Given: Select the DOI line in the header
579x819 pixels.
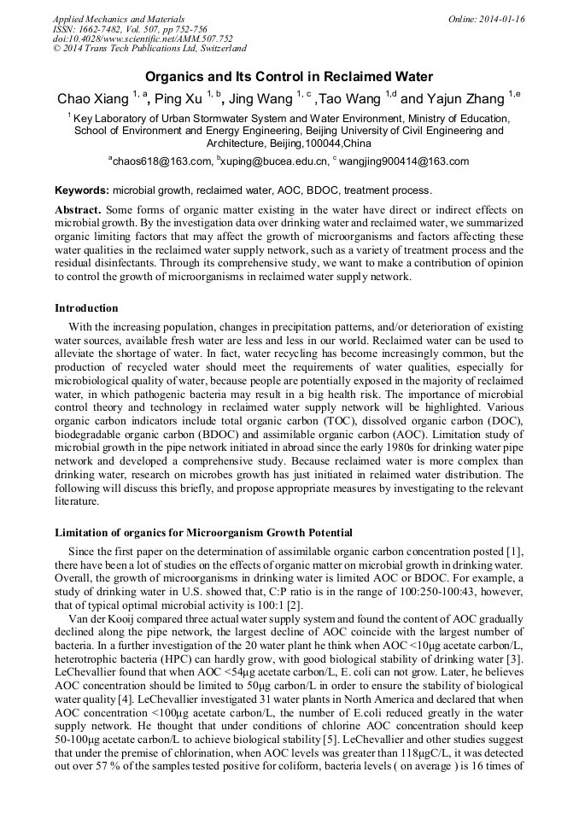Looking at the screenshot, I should point(142,38).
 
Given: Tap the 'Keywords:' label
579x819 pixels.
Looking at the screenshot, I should point(82,190).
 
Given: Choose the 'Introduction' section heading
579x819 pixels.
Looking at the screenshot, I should point(86,307).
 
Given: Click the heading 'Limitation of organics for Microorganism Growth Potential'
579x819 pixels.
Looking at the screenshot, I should point(203,533).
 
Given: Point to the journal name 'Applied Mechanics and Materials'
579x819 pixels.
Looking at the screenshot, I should point(118,19).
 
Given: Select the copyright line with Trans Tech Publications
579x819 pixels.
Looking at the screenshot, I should point(149,49).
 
